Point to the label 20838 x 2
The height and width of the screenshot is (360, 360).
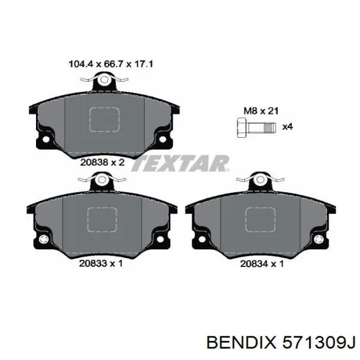(103, 162)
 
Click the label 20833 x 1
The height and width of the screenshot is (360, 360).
(101, 264)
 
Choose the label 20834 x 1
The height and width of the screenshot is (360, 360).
(262, 264)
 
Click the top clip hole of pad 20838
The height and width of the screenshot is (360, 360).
(104, 80)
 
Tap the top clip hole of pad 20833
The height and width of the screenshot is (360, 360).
(102, 180)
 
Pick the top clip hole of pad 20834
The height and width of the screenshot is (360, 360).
(260, 180)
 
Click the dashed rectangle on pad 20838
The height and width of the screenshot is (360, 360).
(104, 119)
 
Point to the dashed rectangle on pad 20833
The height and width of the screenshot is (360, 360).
(102, 219)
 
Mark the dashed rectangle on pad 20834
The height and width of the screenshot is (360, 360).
(260, 219)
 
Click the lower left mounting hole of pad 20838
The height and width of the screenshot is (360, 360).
(46, 139)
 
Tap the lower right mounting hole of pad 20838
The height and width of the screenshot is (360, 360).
(163, 139)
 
